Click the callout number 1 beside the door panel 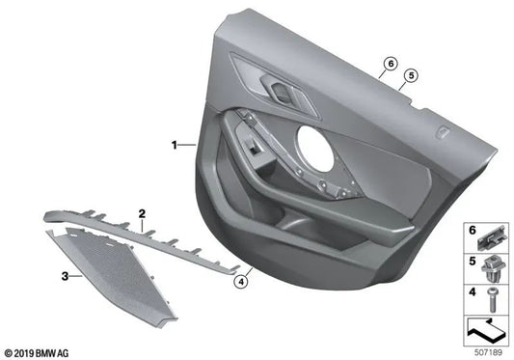pos(176,146)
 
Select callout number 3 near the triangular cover pos(65,277)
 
